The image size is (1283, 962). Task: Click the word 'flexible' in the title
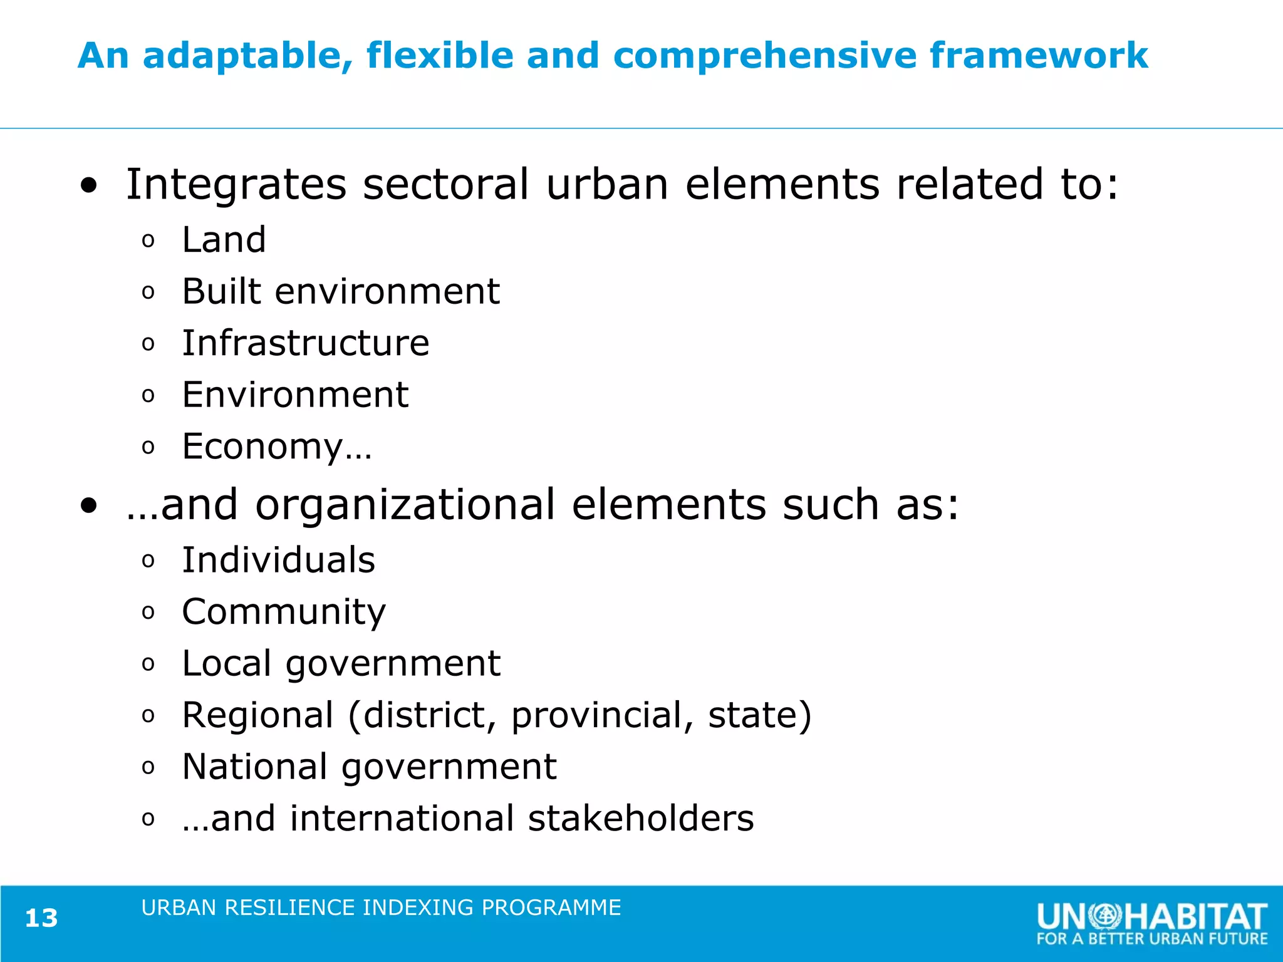tap(440, 55)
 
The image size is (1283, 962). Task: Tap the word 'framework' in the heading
tap(1039, 55)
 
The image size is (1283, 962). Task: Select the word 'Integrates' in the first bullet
tap(236, 185)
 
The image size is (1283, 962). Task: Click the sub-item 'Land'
tap(224, 240)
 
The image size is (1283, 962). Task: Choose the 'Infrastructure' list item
tap(306, 343)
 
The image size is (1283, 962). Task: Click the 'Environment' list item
tap(295, 395)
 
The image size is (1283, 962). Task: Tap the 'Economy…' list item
tap(277, 447)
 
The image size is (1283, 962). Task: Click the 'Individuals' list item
tap(279, 560)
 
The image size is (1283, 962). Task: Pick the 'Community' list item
tap(284, 612)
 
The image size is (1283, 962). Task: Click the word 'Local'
tap(227, 663)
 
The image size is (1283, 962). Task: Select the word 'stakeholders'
tap(641, 819)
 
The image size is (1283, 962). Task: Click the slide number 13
tap(41, 918)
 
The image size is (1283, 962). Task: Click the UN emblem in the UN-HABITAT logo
tap(1105, 916)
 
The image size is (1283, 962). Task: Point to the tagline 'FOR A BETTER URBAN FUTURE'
tap(1152, 939)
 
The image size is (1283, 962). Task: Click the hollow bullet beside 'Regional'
tap(148, 716)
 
